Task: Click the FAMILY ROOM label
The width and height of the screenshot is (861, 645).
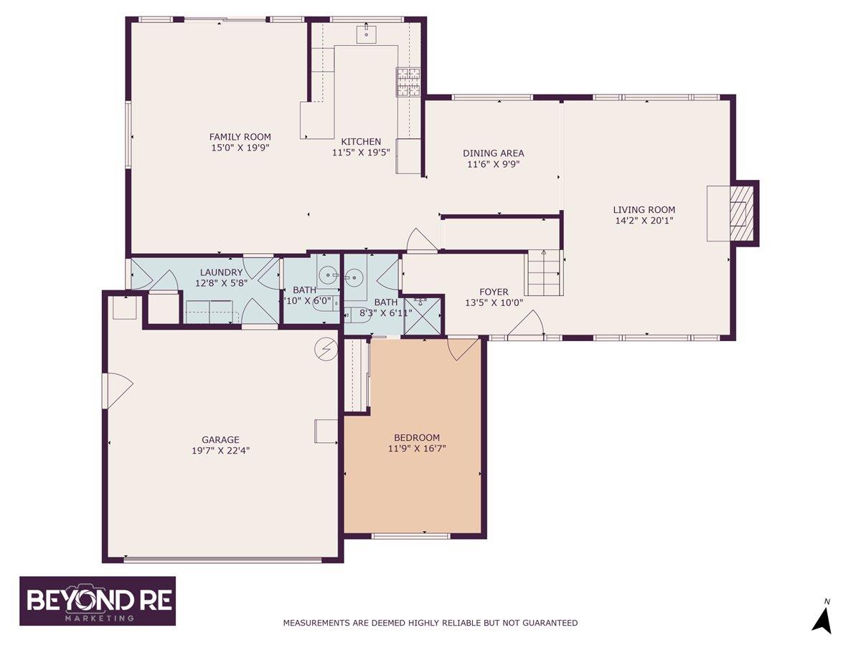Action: tap(240, 137)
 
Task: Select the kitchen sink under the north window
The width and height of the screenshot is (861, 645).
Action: tap(366, 33)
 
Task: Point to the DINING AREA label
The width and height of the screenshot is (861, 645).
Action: tap(493, 153)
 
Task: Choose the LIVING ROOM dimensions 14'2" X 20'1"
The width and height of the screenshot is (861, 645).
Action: tap(644, 221)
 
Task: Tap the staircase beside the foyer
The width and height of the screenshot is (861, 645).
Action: tap(543, 274)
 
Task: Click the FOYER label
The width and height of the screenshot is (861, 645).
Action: tap(494, 292)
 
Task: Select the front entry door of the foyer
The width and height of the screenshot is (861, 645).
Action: tap(527, 326)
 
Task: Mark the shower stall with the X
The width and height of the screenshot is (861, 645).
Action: tap(423, 315)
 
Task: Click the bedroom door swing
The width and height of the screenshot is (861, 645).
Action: tap(461, 348)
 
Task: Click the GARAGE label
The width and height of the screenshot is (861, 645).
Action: tap(220, 440)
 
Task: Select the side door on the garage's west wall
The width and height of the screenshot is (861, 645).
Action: tap(117, 391)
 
